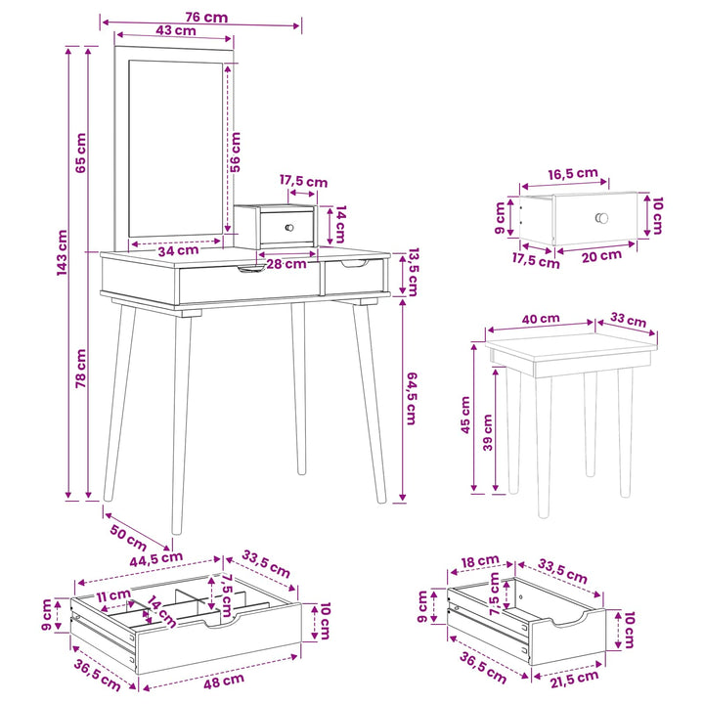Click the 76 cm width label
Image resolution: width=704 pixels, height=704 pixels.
206,17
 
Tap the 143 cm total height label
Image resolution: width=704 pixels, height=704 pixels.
62,252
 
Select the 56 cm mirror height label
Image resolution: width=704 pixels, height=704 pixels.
236,152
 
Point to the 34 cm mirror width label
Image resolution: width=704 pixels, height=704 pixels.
178,250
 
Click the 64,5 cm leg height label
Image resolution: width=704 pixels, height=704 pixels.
412,398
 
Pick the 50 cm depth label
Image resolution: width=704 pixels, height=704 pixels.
128,537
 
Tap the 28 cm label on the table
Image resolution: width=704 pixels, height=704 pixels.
286,264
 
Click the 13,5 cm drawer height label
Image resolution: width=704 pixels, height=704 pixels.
413,272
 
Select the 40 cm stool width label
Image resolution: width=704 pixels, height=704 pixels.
541,319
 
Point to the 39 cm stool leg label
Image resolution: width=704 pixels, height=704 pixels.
488,432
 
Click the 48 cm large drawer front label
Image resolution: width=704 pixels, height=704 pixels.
224,681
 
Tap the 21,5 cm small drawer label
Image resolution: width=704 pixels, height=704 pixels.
574,679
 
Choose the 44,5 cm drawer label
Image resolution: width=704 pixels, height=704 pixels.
156,559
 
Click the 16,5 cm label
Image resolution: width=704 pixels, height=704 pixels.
573,173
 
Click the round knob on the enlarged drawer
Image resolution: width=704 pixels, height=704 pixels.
601,218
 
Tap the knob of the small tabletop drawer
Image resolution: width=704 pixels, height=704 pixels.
289,228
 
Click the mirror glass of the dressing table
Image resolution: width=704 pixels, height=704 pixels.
176,149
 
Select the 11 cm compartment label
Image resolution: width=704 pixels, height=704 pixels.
113,595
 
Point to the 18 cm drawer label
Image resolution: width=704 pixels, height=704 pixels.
480,561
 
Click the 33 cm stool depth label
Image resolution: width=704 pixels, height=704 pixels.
628,320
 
